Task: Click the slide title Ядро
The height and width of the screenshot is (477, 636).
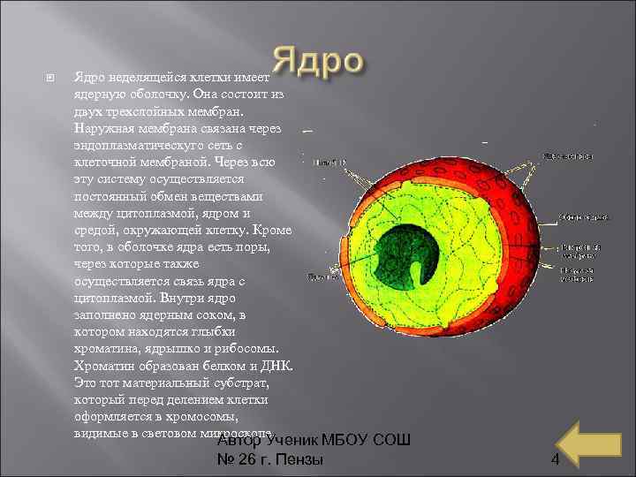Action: (317, 63)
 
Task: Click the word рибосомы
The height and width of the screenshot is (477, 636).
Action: (248, 348)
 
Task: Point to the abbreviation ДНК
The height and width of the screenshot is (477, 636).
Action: (275, 365)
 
